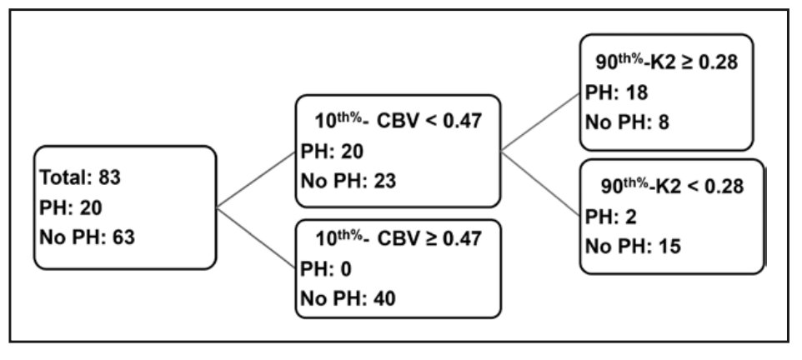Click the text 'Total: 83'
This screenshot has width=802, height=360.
click(80, 177)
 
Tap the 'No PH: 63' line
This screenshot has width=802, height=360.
click(87, 237)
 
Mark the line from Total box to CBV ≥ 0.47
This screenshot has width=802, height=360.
click(256, 234)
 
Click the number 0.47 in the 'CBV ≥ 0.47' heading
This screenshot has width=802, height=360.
click(458, 240)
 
